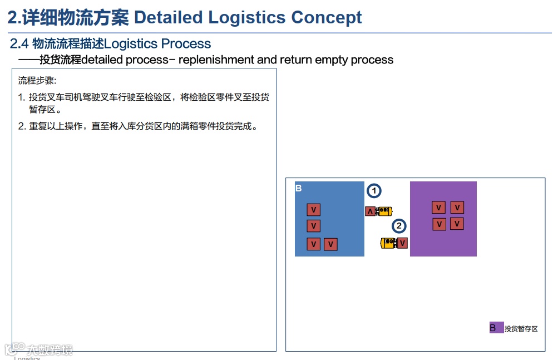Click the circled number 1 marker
coord(374,191)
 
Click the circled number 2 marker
coord(398,226)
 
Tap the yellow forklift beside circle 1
coord(384,211)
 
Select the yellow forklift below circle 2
coord(388,243)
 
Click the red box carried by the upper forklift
coord(371,211)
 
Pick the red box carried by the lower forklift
coord(402,243)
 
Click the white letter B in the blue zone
coord(298,189)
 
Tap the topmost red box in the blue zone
coord(314,210)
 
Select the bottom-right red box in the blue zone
coord(330,244)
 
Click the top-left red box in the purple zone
coord(439,208)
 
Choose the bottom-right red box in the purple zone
coord(457,224)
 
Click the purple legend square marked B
coord(496,328)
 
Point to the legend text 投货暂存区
coord(521,329)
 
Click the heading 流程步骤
coord(37,81)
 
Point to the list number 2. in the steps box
coord(22,126)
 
